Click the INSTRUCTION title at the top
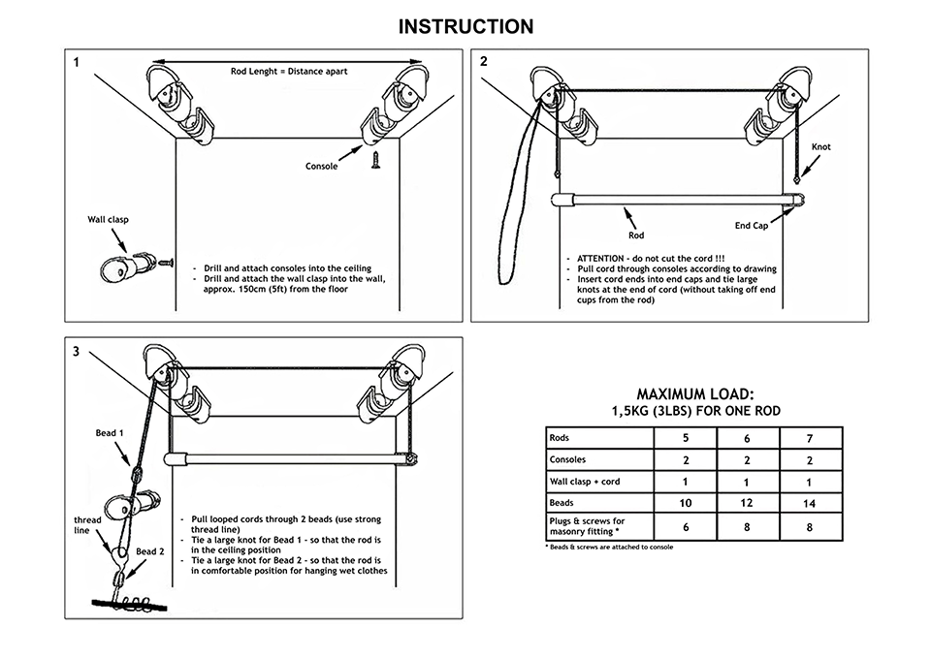465,26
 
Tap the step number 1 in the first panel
76,63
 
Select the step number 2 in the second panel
484,62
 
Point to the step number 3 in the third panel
76,351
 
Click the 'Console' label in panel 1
321,167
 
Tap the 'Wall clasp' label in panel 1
109,220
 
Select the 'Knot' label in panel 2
819,147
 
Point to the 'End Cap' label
751,226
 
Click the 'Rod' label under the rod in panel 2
636,235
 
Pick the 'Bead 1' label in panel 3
109,433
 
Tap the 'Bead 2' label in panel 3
149,551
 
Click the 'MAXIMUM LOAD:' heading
695,394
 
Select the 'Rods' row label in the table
560,437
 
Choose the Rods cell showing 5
685,437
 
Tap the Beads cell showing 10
685,504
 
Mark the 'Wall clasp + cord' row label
585,482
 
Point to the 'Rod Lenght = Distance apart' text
289,71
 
